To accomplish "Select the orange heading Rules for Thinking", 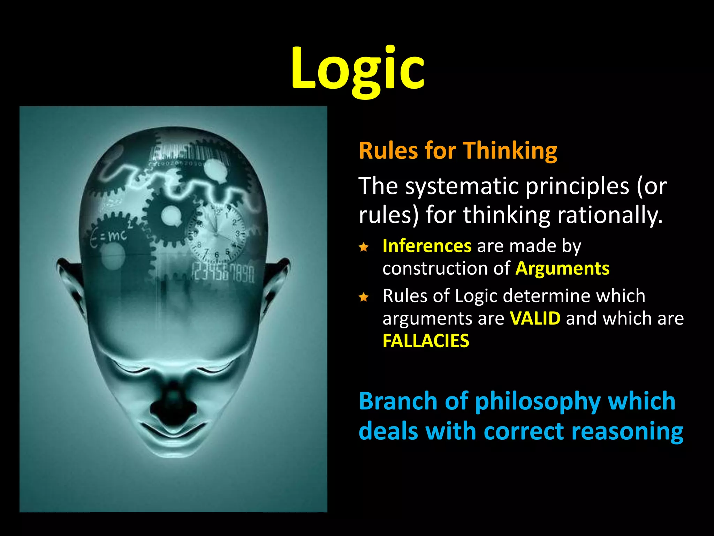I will pos(458,151).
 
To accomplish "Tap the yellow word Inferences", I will pos(427,246).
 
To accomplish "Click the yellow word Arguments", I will pos(562,269).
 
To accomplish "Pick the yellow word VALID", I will pos(535,318).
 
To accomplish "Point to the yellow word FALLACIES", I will pos(426,341).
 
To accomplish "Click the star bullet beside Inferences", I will pos(364,247).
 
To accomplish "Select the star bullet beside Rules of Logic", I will pos(364,297).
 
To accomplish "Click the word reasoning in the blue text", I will pos(627,431).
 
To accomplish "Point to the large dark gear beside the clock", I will pos(171,216).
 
